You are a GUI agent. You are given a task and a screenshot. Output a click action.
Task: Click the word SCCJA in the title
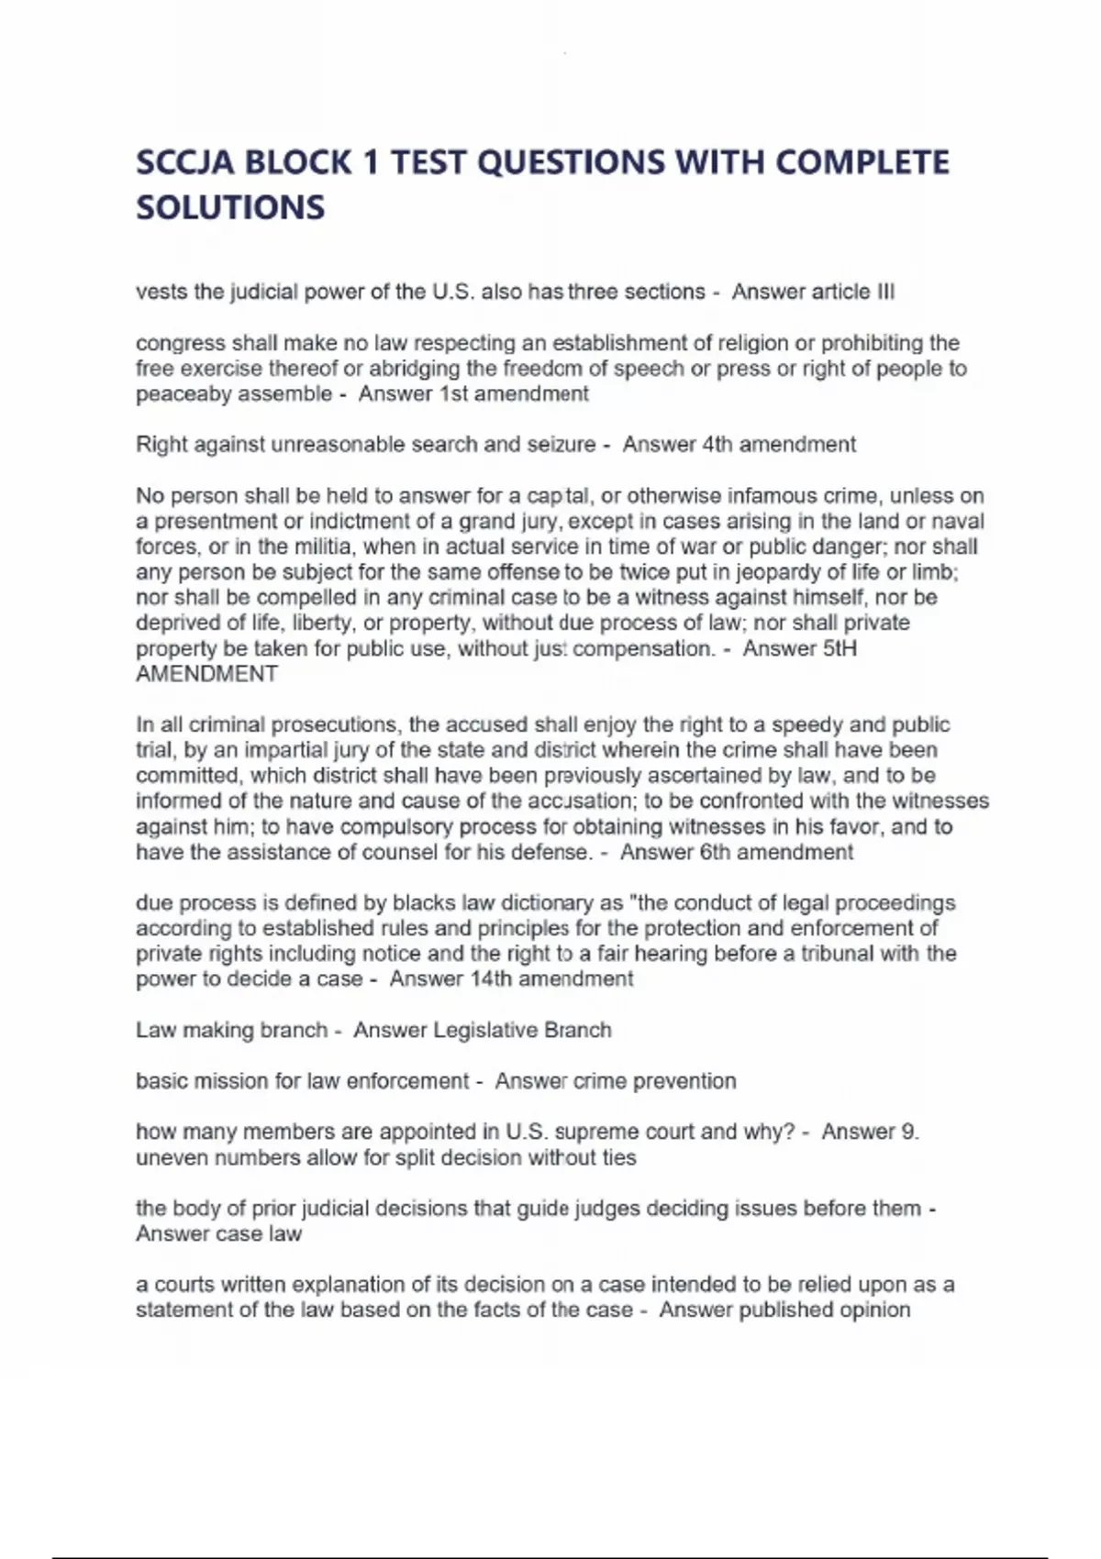tap(184, 162)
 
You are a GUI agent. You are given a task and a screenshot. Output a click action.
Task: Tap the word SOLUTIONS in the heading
tap(230, 207)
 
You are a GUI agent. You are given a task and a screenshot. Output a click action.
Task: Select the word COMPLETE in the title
tap(862, 162)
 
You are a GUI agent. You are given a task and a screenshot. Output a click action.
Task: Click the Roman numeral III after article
tap(885, 293)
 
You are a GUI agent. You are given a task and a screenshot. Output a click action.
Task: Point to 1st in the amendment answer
tap(454, 394)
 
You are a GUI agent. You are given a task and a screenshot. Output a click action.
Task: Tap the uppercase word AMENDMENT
tap(206, 674)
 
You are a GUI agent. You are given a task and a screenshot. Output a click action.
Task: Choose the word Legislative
tap(484, 1031)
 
